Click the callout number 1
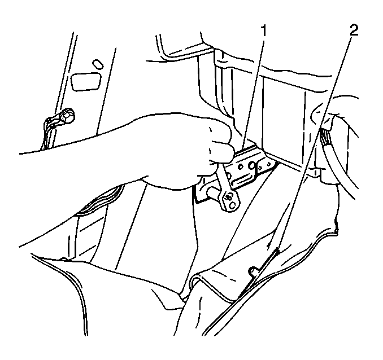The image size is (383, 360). pos(263,31)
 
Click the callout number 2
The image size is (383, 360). pos(354,31)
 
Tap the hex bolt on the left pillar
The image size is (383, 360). pos(69,117)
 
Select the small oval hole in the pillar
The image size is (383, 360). pos(98,64)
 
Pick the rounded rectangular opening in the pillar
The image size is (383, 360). pos(86,82)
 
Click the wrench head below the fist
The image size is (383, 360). pos(229,199)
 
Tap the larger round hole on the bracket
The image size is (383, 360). pos(251,166)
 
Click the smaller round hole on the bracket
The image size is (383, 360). pos(240,166)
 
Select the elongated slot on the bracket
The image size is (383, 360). pos(241,181)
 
